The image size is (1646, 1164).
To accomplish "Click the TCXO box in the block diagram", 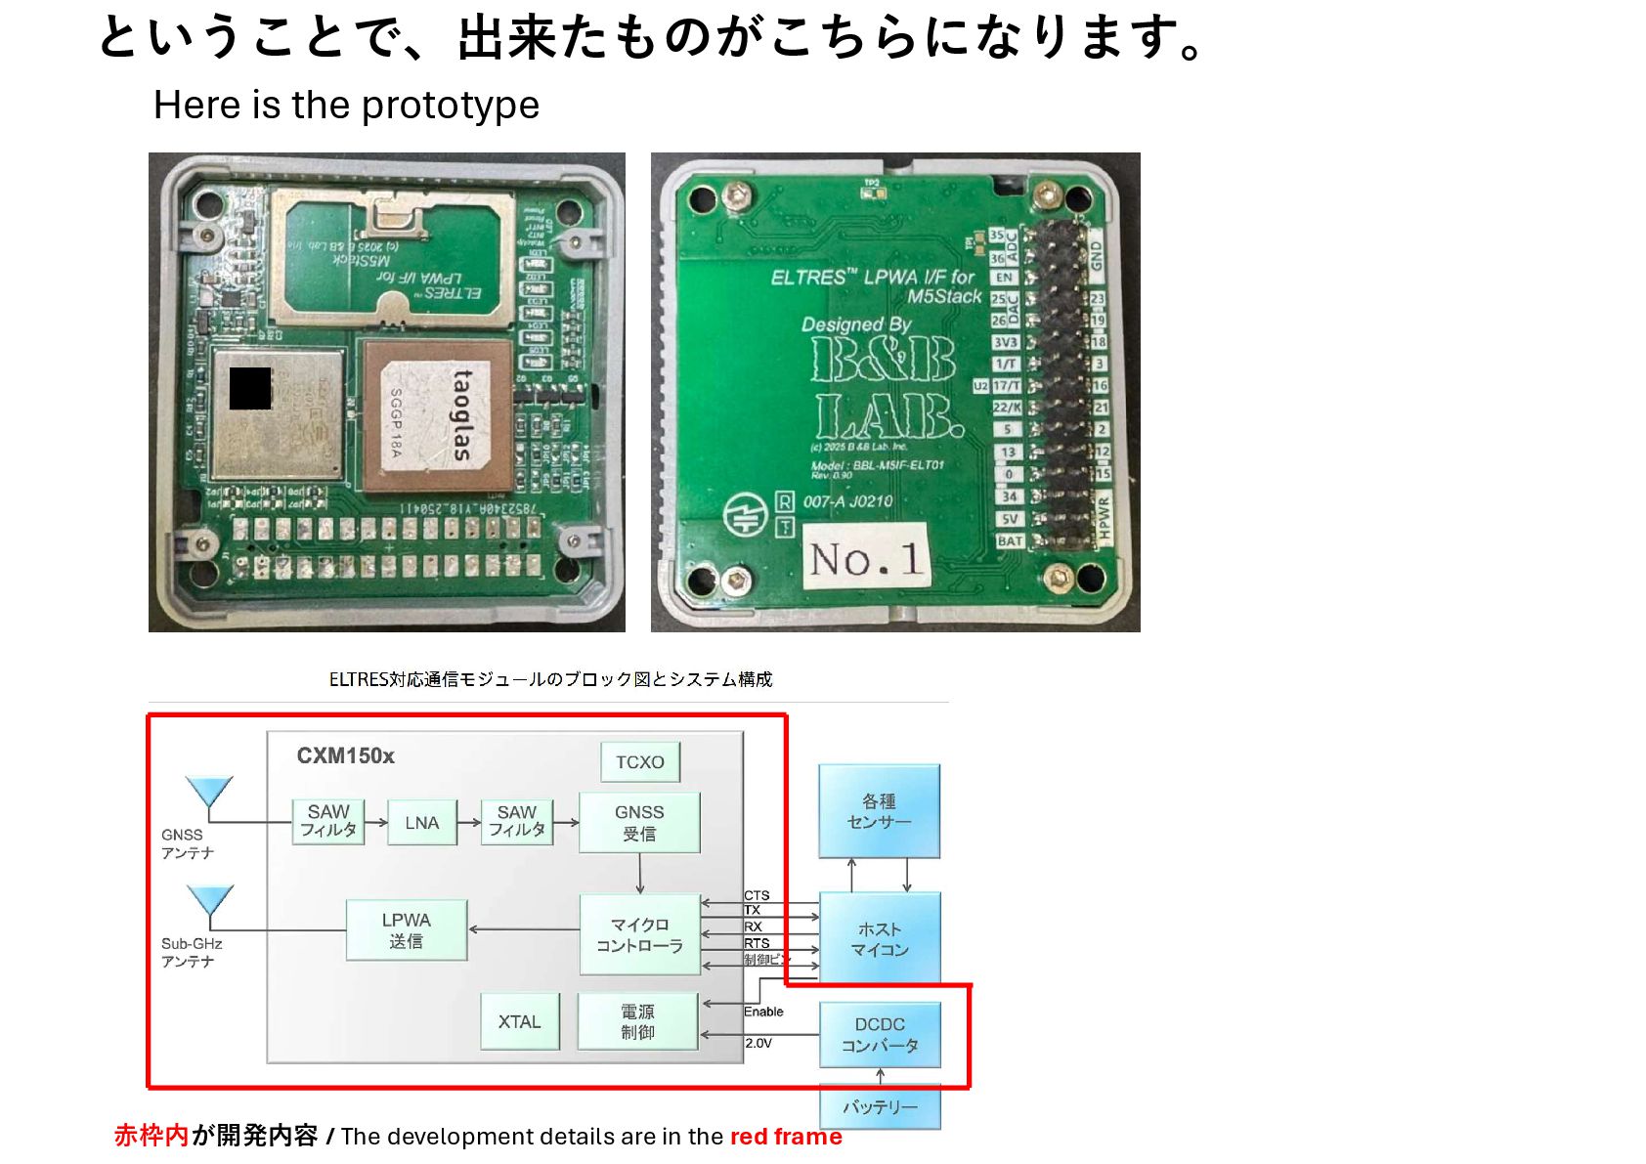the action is click(639, 762).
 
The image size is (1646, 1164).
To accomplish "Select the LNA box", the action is click(421, 823).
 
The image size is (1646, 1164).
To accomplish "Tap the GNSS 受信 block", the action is click(639, 823).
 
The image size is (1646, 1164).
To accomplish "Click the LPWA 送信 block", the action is click(406, 930).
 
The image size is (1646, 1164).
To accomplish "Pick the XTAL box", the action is click(519, 1021).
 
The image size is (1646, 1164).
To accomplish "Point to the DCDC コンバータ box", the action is click(880, 1035).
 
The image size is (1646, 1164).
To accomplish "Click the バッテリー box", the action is click(880, 1107).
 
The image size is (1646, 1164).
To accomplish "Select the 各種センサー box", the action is click(879, 811).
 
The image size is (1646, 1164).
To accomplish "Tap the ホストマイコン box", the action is click(879, 938).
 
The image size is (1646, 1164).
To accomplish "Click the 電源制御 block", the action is click(637, 1021).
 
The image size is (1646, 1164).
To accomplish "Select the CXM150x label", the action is click(345, 756).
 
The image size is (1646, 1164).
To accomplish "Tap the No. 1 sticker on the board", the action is click(864, 558).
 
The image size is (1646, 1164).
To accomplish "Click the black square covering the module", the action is click(250, 388).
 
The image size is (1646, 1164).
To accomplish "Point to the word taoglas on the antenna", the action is click(461, 414).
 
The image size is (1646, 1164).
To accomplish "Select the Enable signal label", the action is click(763, 1012).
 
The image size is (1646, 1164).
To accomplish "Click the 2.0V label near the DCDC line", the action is click(758, 1044).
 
